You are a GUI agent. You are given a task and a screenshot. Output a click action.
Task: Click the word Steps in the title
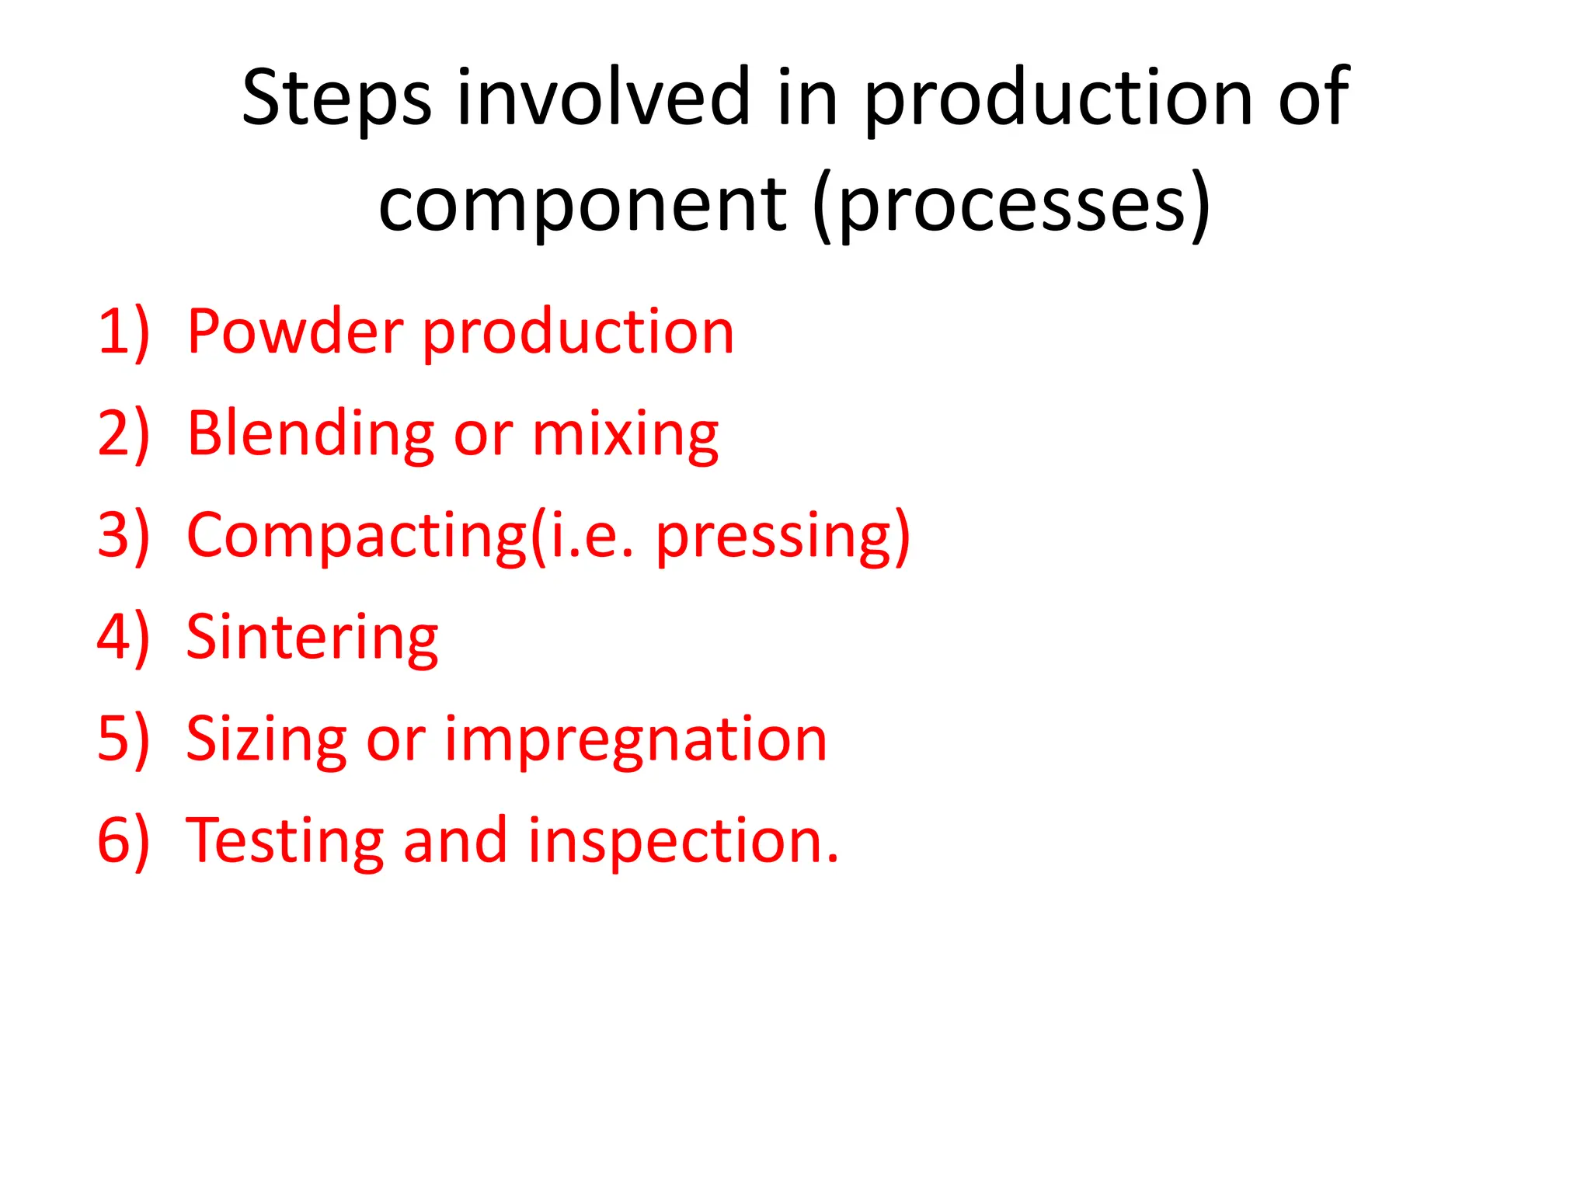(336, 98)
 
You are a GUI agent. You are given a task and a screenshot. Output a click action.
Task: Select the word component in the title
(583, 204)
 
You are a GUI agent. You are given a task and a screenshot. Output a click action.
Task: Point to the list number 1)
(123, 332)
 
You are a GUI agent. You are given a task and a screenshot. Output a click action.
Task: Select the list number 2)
(123, 434)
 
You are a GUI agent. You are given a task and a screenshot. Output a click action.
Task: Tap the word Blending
(311, 434)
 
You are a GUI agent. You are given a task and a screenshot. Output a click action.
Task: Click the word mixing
(625, 434)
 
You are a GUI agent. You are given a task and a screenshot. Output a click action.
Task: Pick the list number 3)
(123, 536)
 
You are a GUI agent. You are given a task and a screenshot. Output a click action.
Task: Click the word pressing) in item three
(782, 536)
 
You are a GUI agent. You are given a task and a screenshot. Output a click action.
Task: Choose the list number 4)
(123, 638)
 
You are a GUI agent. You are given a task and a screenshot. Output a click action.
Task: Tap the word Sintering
(312, 638)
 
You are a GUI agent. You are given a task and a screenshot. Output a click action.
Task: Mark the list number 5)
(123, 739)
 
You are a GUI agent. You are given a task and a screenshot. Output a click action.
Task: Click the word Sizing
(266, 739)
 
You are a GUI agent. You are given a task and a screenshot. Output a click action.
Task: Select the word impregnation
(635, 739)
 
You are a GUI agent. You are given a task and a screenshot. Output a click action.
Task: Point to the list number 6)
(123, 841)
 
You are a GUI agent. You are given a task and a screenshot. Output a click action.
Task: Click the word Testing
(285, 841)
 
